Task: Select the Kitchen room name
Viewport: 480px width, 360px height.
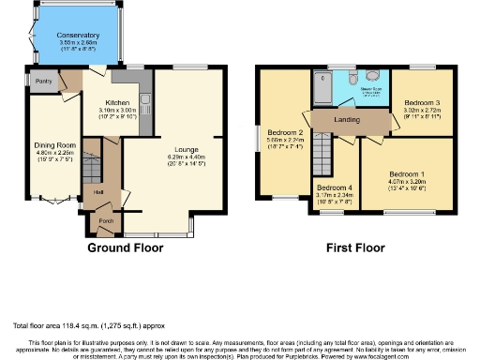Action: click(116, 101)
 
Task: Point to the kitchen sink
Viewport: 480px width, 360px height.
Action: click(146, 101)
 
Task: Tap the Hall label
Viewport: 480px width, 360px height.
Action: click(98, 193)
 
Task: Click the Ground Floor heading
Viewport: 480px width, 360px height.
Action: click(125, 248)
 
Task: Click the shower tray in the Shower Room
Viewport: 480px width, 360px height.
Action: click(325, 81)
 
